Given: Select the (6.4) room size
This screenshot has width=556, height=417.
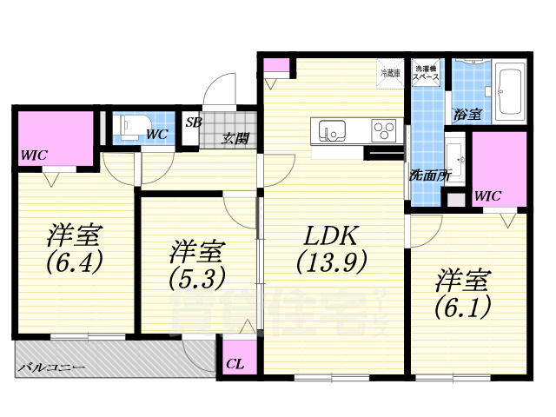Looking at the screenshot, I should (76, 259).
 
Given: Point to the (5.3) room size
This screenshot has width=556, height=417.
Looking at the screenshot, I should (197, 277).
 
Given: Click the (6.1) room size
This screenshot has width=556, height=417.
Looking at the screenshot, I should (463, 305).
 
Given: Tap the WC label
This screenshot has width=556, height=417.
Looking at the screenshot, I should (156, 134).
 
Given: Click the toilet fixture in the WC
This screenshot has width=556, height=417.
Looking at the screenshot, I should (131, 127).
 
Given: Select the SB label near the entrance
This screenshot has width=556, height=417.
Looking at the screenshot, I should (193, 122).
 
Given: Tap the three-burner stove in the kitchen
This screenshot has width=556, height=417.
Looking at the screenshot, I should (383, 130).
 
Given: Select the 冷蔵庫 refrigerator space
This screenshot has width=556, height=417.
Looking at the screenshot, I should (389, 73).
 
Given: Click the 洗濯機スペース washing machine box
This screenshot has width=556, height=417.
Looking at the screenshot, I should (426, 72).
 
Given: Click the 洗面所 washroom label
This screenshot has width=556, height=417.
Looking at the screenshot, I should (430, 174).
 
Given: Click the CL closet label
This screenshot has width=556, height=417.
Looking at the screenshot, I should (235, 364).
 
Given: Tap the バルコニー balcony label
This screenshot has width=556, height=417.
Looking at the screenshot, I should (51, 368).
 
